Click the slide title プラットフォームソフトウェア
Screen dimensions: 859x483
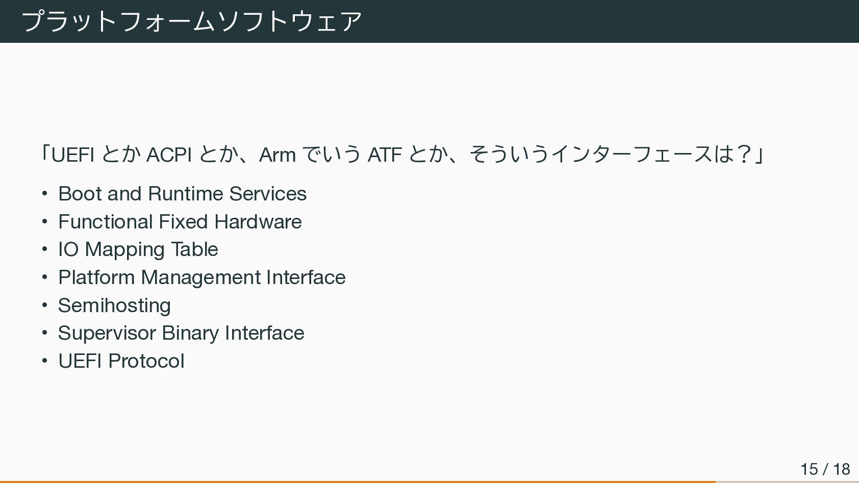(192, 21)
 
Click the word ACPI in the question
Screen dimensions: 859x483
(169, 155)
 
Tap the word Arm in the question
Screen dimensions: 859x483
(277, 155)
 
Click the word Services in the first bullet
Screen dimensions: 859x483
(268, 194)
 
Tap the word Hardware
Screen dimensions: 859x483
(258, 222)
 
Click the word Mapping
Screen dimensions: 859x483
(124, 250)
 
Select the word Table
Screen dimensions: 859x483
(194, 249)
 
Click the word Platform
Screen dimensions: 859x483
(96, 277)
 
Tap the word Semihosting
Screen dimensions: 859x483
(114, 306)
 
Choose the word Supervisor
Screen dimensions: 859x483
(107, 334)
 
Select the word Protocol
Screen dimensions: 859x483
(146, 361)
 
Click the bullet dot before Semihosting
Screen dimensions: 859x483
(45, 306)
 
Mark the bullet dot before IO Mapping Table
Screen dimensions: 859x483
(45, 249)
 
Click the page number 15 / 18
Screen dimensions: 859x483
(825, 469)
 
